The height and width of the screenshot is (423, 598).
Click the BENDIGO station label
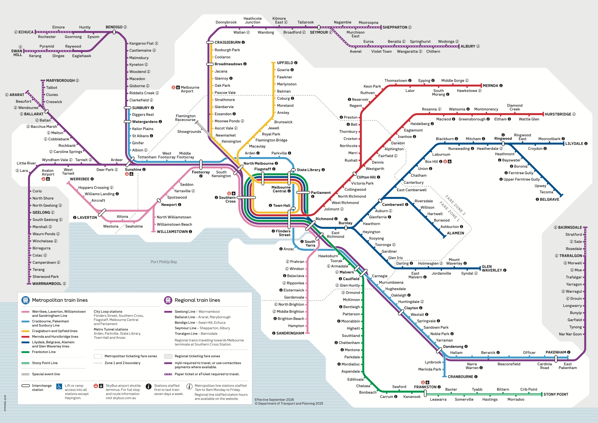tap(114, 27)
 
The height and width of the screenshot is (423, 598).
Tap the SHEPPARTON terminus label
tap(395, 27)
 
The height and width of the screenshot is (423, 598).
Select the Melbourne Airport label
tap(190, 89)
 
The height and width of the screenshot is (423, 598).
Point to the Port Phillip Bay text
tap(164, 262)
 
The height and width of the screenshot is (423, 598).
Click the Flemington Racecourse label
tap(185, 118)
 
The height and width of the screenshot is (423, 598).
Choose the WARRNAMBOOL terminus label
tap(47, 284)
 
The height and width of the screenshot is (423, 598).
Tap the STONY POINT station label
tap(556, 394)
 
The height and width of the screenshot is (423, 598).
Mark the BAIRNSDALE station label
tap(570, 227)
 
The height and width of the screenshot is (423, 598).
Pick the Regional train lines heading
tap(197, 300)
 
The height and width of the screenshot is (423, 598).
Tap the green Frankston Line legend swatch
tap(25, 352)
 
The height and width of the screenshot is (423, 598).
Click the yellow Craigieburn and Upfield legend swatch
tap(25, 331)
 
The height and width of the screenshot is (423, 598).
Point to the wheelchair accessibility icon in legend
tap(59, 387)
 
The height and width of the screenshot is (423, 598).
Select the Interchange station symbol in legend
tap(26, 386)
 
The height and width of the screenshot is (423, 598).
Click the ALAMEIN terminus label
tap(455, 233)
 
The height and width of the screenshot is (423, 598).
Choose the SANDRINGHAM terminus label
tap(290, 333)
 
